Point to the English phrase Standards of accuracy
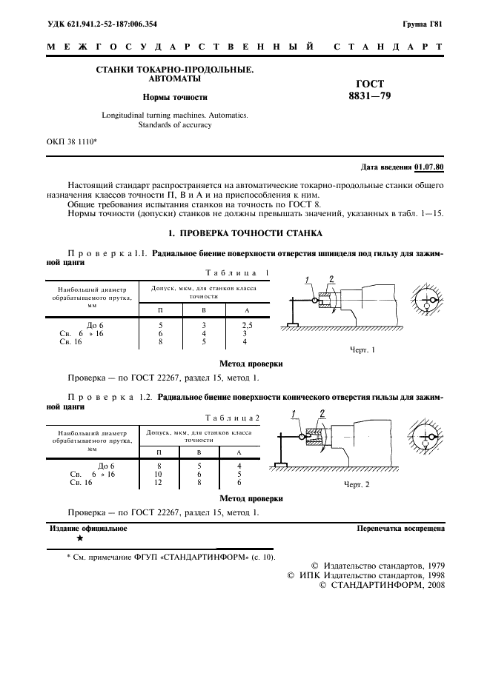pos(174,125)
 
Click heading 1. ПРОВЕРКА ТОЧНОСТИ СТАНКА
pos(245,234)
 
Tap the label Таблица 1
pos(236,272)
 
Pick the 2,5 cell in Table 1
pos(245,325)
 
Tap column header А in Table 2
pos(239,452)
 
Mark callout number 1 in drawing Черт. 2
pos(294,413)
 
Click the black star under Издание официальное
pos(79,539)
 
